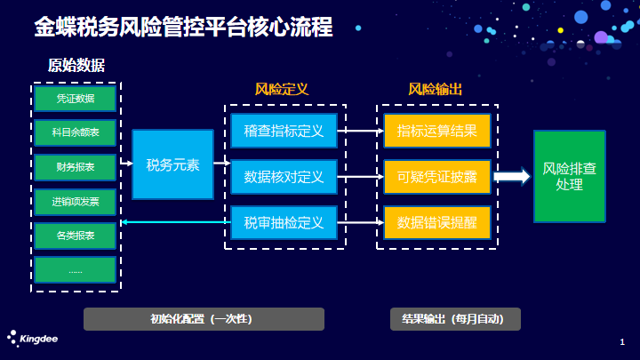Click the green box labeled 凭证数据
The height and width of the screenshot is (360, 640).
(76, 99)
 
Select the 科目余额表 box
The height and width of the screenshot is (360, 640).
(76, 132)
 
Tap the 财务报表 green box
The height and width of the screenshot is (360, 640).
(76, 167)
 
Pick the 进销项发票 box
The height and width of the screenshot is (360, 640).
(76, 202)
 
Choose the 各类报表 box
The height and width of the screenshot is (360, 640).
(76, 236)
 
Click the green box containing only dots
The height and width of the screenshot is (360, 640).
(76, 270)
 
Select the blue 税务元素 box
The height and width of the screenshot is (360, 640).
(172, 164)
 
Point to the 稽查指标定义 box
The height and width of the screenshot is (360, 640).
(284, 131)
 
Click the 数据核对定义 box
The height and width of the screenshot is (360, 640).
(284, 177)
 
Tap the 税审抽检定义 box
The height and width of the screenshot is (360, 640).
(284, 222)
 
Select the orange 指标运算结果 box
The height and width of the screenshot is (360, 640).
(437, 131)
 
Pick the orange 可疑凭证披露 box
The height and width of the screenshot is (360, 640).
(437, 177)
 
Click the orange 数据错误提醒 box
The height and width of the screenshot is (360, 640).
(437, 222)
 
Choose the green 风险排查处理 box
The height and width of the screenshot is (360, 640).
(570, 176)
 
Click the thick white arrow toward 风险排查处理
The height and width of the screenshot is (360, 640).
(512, 177)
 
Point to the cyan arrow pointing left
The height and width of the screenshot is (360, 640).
(176, 222)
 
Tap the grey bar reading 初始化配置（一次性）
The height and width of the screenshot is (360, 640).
(204, 319)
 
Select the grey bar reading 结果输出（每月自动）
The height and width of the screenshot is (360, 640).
(455, 319)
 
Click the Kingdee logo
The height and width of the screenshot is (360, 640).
(33, 339)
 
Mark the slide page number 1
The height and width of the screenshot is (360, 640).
(622, 342)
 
